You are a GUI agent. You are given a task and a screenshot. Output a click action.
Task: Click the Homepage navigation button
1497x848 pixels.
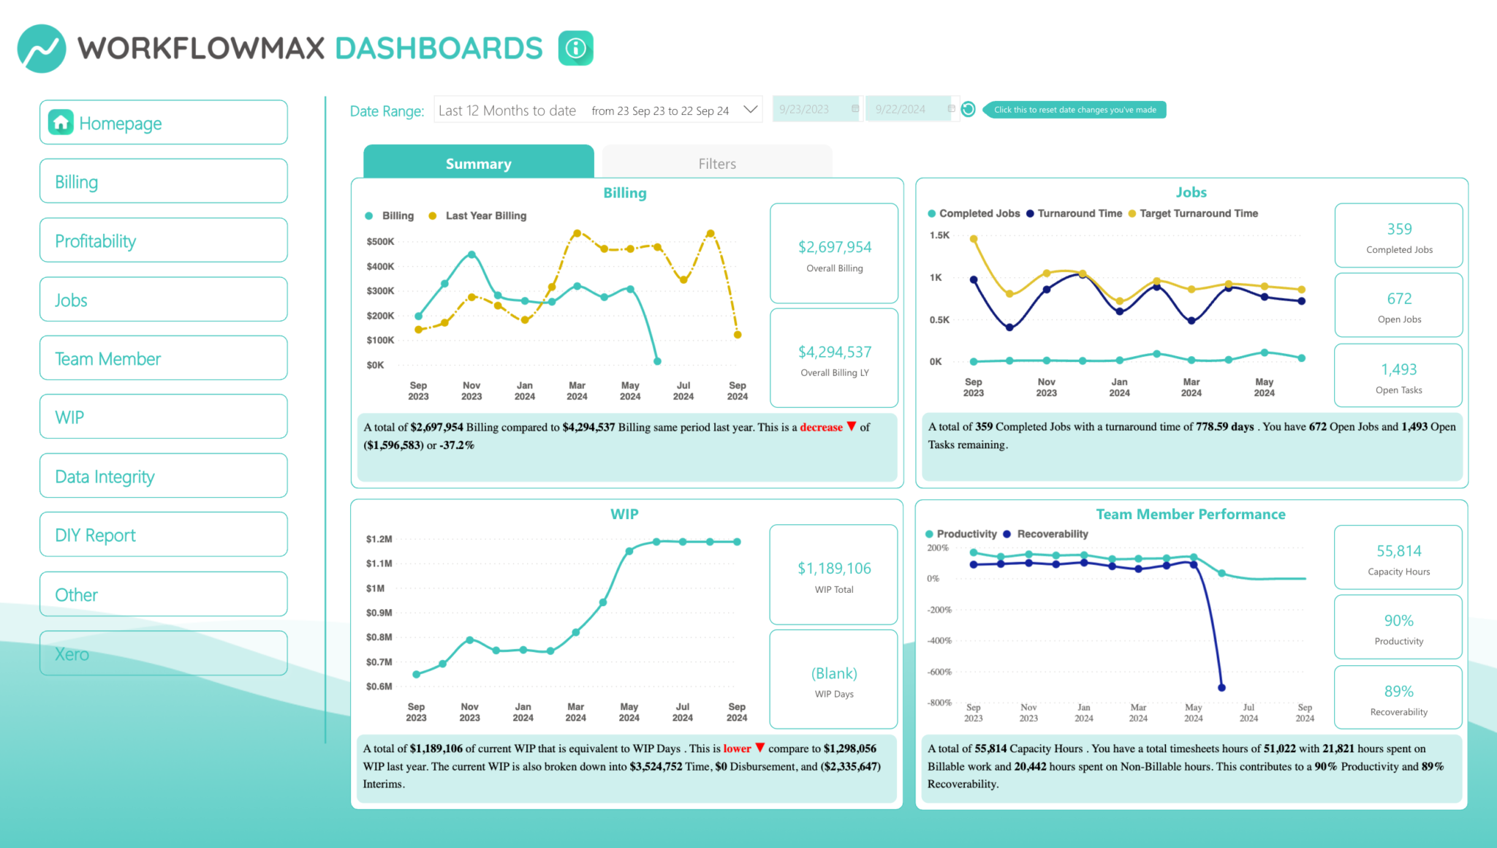point(163,123)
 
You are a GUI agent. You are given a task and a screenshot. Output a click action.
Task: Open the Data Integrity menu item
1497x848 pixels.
point(163,477)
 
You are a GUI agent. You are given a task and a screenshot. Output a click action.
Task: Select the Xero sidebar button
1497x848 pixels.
point(163,654)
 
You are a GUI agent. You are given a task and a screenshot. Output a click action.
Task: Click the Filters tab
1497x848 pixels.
point(716,164)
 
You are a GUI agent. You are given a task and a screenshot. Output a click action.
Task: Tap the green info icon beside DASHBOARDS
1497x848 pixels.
point(576,48)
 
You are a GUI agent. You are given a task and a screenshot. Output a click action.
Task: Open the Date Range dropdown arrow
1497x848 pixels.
point(750,110)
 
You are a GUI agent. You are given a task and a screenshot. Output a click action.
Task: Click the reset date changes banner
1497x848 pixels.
point(1075,110)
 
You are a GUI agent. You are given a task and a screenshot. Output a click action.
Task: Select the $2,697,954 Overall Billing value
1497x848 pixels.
point(834,247)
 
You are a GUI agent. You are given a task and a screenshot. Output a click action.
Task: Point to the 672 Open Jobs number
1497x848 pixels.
point(1398,298)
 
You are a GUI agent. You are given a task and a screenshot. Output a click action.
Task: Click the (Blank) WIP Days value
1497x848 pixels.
point(834,673)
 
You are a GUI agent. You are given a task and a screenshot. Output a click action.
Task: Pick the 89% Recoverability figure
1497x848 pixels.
point(1398,691)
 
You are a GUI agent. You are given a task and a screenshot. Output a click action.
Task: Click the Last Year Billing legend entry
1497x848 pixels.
point(485,216)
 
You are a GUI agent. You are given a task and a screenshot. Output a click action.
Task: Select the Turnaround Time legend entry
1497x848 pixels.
point(1079,213)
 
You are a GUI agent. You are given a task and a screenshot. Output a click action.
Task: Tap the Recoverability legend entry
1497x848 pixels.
point(1052,534)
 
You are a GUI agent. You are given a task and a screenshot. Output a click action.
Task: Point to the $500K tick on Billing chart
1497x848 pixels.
point(380,241)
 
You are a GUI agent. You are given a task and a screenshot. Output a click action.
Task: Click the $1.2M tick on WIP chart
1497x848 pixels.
point(379,539)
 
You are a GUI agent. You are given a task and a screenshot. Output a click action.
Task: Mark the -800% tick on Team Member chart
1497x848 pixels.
point(939,703)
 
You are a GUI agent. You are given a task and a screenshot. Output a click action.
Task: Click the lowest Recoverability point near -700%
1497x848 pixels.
point(1221,687)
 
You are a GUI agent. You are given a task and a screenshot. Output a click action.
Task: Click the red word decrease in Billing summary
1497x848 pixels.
point(821,427)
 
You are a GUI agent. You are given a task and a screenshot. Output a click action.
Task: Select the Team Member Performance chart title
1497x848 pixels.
point(1190,514)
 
